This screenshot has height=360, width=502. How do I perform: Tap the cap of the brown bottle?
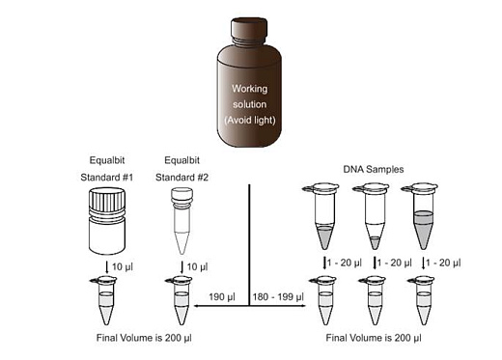click(250, 28)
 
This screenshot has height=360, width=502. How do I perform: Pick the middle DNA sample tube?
click(375, 216)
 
